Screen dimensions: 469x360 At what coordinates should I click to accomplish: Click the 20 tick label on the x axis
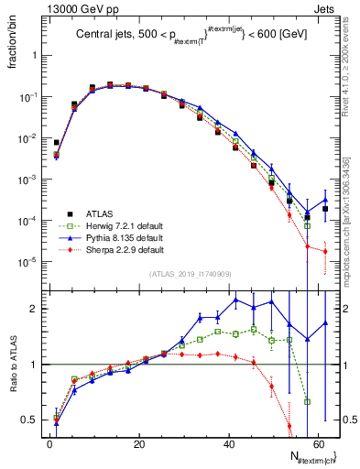(x=138, y=443)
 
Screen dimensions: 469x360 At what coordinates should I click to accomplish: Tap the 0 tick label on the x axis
(x=49, y=443)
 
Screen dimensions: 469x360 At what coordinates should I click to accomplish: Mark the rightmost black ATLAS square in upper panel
(x=325, y=209)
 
